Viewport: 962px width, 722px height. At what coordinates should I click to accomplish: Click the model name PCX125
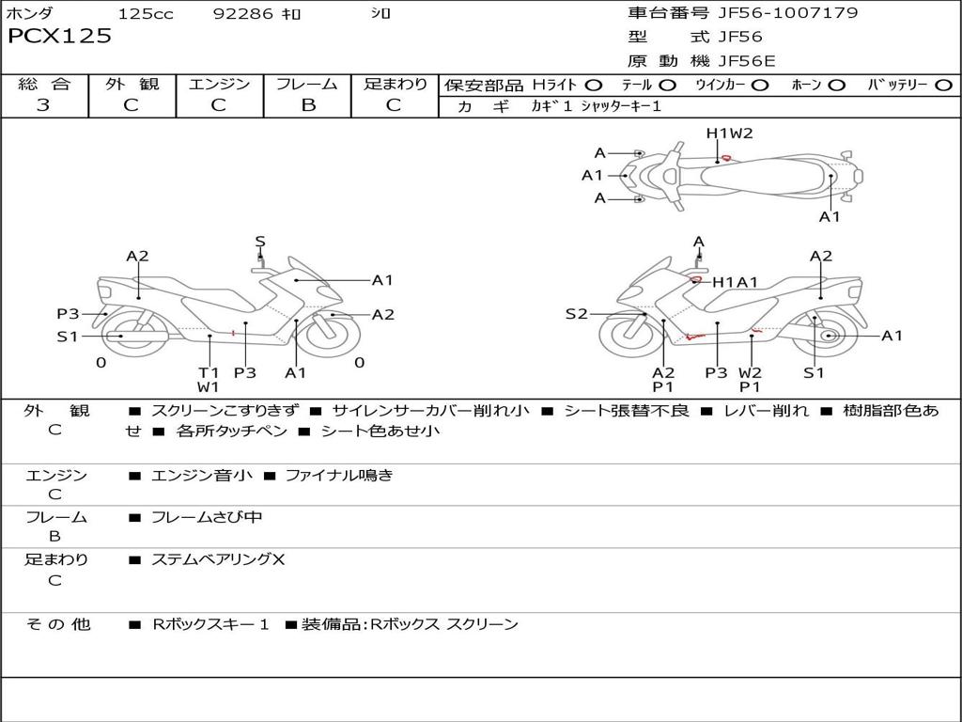pos(60,37)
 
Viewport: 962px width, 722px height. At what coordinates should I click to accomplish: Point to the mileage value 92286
pos(243,14)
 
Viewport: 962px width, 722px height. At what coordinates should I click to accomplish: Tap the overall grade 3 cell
pos(43,104)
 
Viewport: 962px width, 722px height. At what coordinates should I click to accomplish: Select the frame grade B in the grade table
pos(307,104)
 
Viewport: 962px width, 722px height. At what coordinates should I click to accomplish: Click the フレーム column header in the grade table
pos(307,85)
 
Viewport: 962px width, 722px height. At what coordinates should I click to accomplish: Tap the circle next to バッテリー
pos(942,86)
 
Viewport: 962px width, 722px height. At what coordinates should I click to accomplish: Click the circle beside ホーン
pos(837,86)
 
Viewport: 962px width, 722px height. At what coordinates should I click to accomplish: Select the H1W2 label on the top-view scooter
pos(730,133)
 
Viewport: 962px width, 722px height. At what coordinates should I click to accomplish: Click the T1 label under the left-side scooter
pos(208,372)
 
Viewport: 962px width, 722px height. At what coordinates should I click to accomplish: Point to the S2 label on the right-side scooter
pos(576,314)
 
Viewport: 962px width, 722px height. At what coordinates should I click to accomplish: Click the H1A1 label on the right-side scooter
pos(735,282)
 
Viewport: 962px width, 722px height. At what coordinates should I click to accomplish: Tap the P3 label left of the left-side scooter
pos(68,314)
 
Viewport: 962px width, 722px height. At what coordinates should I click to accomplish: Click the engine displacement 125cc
pos(146,14)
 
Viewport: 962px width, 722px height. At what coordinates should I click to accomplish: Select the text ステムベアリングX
pos(218,560)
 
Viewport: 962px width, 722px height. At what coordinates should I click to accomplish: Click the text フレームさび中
pos(207,517)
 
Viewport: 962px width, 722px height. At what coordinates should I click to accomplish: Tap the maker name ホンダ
pos(30,14)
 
